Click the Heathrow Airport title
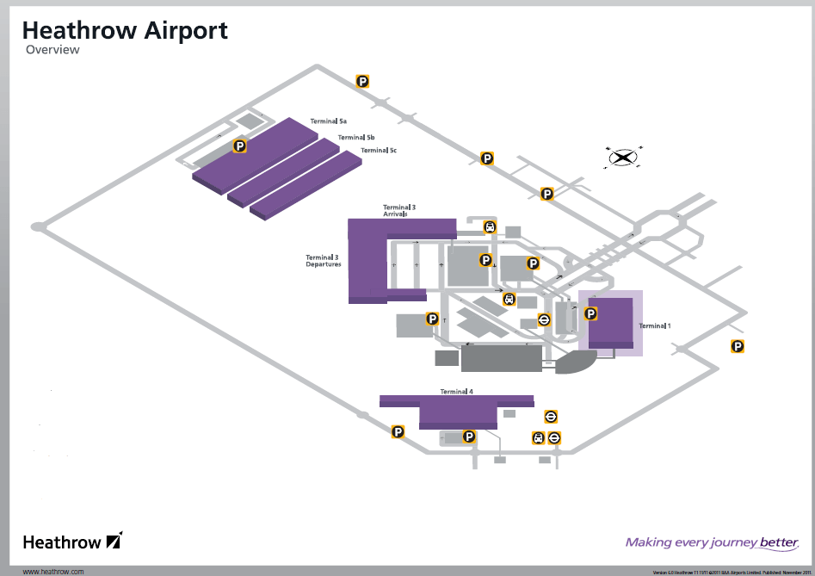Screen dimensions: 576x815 click(125, 31)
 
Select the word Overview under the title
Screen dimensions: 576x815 click(52, 50)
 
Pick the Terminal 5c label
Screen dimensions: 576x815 click(379, 151)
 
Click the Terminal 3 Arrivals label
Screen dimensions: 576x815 click(399, 210)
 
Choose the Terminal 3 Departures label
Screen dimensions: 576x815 click(324, 261)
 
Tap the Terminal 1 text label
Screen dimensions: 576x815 click(654, 325)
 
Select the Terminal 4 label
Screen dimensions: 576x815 click(457, 392)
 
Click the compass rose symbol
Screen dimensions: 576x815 click(623, 158)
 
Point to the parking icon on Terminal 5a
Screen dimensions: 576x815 click(240, 146)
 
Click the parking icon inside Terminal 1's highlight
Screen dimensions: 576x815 click(590, 313)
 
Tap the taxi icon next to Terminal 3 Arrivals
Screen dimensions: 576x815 click(490, 227)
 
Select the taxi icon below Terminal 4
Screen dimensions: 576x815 click(538, 437)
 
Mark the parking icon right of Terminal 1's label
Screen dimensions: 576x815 click(738, 346)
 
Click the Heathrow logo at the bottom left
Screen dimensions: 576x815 click(73, 542)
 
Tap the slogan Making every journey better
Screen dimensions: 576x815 click(712, 542)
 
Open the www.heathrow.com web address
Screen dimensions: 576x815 click(53, 571)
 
